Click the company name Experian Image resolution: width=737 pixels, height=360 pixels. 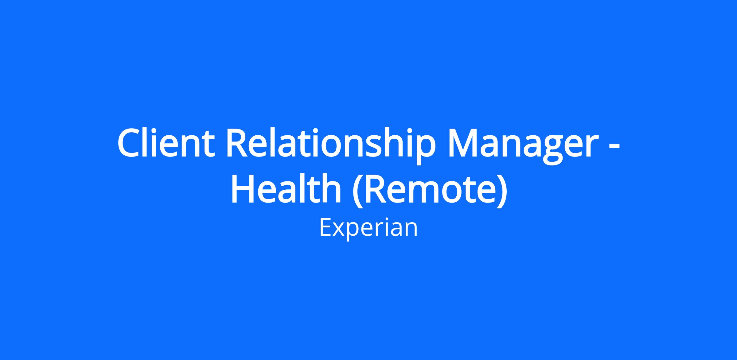click(368, 228)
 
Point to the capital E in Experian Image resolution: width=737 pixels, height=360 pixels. click(326, 227)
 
